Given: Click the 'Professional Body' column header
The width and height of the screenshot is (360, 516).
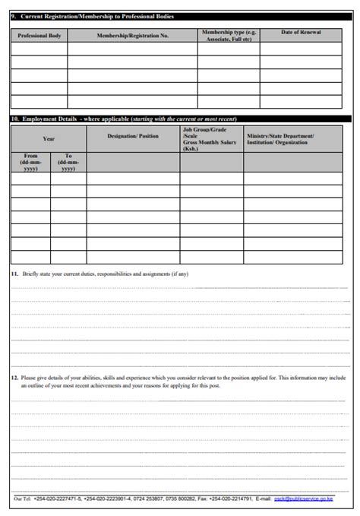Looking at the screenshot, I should pos(39,36).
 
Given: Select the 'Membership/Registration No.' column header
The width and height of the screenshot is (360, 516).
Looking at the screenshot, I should pos(132,36).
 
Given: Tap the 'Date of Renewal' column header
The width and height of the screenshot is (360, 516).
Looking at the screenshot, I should pos(301,33).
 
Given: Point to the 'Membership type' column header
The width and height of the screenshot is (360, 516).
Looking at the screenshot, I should pos(229,36).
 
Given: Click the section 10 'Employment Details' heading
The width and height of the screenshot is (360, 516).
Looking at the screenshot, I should pos(49,119).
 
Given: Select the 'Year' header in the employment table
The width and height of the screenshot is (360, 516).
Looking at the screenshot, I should pos(49,139).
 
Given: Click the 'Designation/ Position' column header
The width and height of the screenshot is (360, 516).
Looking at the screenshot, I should pos(133,136).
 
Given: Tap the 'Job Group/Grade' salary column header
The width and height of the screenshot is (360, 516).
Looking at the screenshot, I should pos(210,139).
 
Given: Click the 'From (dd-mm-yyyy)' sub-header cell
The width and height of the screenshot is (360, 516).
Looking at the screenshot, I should pos(30,162).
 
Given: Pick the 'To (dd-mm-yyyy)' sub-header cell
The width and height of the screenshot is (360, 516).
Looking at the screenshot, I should pos(68,162).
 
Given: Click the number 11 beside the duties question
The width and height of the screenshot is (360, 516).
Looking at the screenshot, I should pos(14,274).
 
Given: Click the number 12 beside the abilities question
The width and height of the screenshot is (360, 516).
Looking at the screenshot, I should pos(14,377).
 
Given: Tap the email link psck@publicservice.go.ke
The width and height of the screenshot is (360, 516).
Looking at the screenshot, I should pos(303,499).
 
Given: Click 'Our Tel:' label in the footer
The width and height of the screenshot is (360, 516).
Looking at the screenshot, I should pos(23,499).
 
